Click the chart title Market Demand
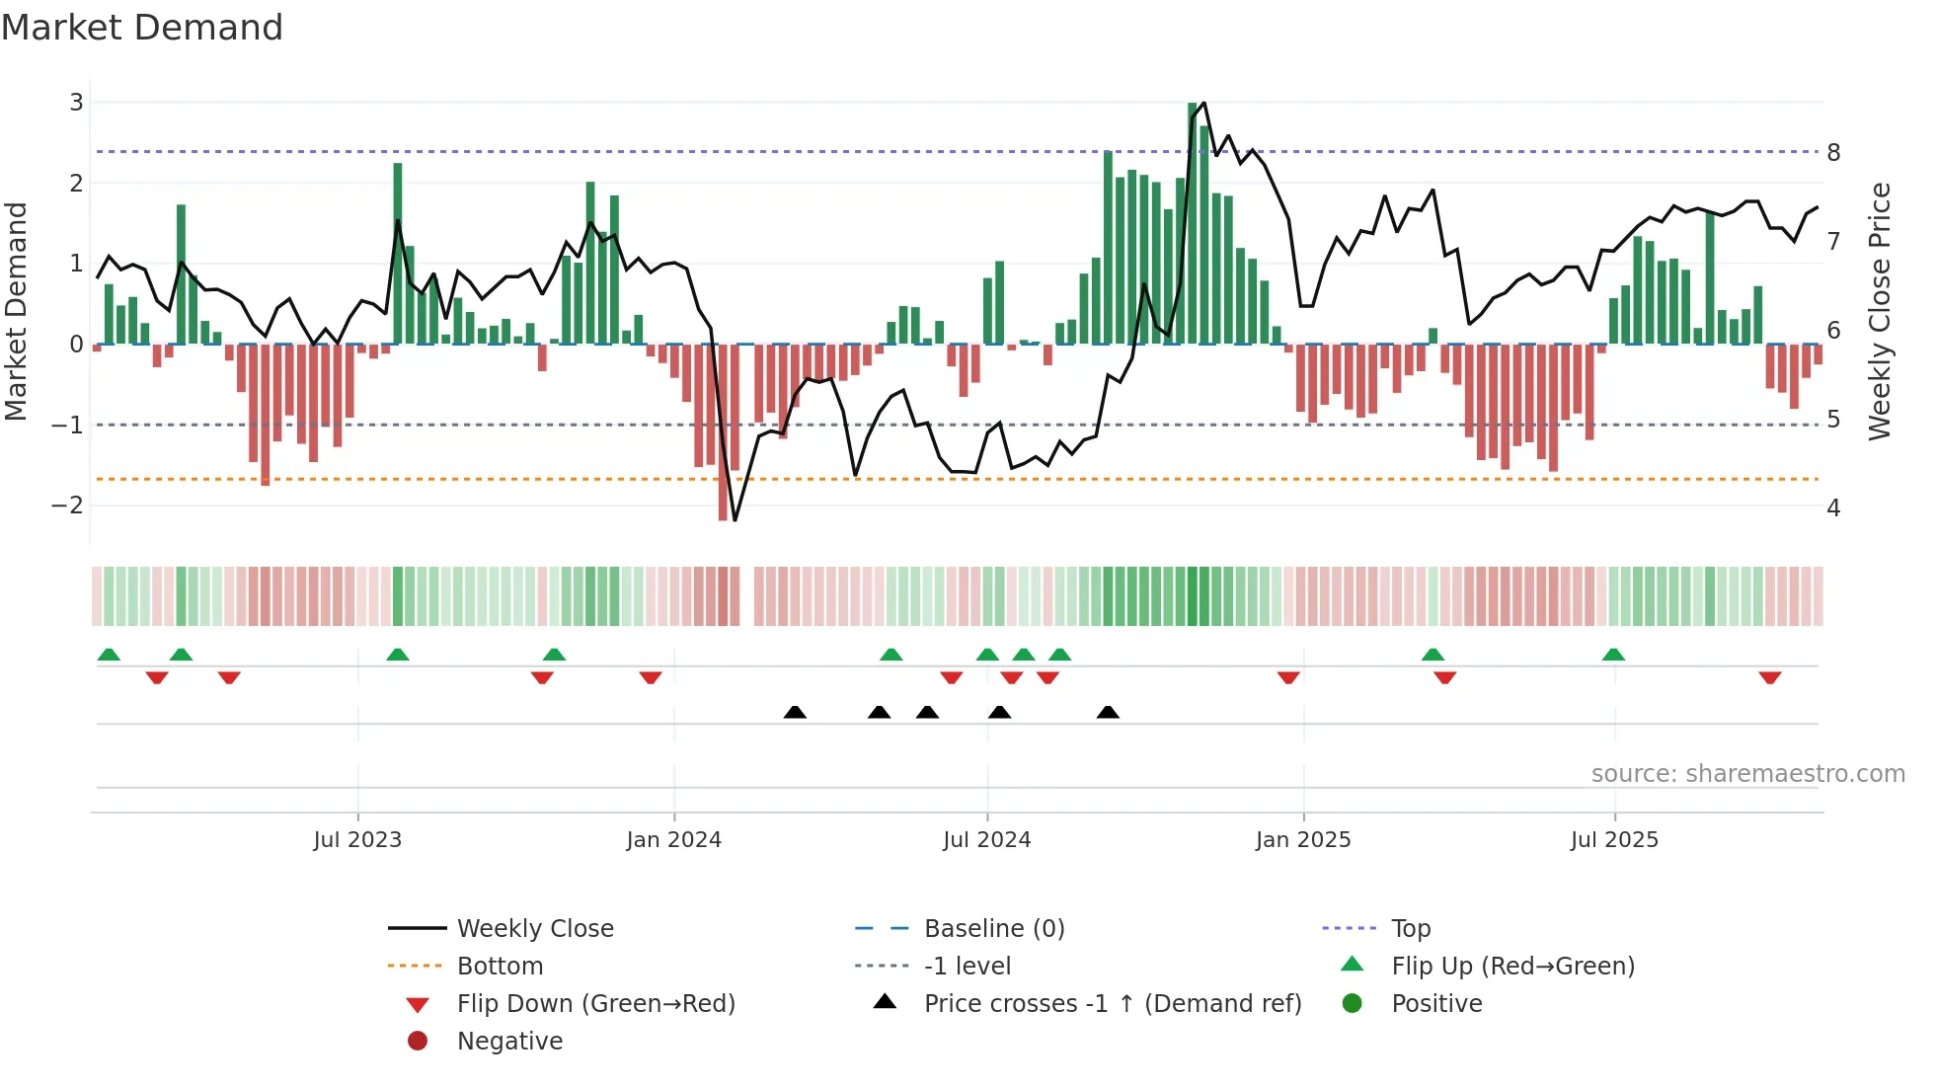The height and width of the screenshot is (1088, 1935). [x=142, y=28]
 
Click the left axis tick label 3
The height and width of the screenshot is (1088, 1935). [x=76, y=102]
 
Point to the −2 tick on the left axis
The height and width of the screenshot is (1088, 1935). [x=67, y=505]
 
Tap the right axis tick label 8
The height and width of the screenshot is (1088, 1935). [x=1833, y=153]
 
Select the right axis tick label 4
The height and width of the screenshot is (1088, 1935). [x=1833, y=508]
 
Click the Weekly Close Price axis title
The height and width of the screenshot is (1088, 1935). [x=1880, y=311]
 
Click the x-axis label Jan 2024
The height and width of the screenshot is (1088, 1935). [x=673, y=840]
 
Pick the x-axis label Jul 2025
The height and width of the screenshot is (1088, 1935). [x=1614, y=840]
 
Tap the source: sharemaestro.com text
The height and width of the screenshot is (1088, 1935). [x=1747, y=774]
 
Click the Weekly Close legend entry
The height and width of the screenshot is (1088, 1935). [x=534, y=929]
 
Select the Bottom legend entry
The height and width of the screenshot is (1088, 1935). [x=500, y=967]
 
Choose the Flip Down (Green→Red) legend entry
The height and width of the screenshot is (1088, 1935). [x=595, y=1004]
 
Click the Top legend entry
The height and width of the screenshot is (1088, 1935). [x=1411, y=929]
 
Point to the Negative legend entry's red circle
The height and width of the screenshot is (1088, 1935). [x=418, y=1042]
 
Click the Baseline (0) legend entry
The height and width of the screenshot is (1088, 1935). [x=993, y=929]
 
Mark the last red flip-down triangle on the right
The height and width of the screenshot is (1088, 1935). [x=1769, y=677]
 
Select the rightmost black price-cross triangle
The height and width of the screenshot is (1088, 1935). [x=1108, y=712]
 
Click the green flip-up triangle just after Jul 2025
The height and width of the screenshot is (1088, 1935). [x=1613, y=655]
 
